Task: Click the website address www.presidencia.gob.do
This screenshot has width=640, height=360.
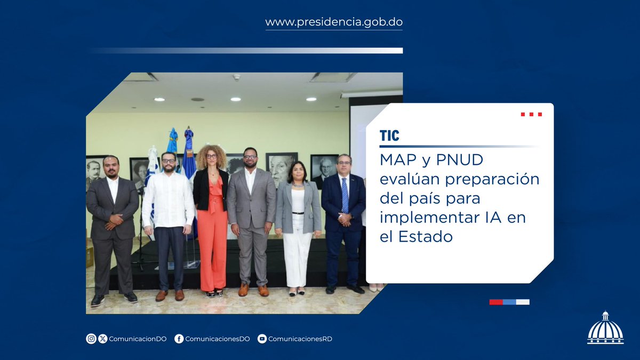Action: pyautogui.click(x=334, y=22)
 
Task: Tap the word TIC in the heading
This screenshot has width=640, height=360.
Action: pyautogui.click(x=389, y=135)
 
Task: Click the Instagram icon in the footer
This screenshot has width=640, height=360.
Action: pyautogui.click(x=91, y=339)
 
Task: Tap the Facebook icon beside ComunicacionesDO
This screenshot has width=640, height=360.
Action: pyautogui.click(x=179, y=339)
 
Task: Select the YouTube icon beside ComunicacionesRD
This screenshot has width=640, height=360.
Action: pyautogui.click(x=262, y=339)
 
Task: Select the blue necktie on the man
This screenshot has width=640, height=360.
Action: pyautogui.click(x=345, y=195)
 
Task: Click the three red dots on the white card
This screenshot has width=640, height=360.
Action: pyautogui.click(x=531, y=114)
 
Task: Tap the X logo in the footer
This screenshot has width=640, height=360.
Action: pyautogui.click(x=103, y=339)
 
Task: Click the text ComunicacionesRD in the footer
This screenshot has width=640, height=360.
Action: pyautogui.click(x=300, y=339)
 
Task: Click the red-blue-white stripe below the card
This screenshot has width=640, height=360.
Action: pyautogui.click(x=509, y=302)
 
